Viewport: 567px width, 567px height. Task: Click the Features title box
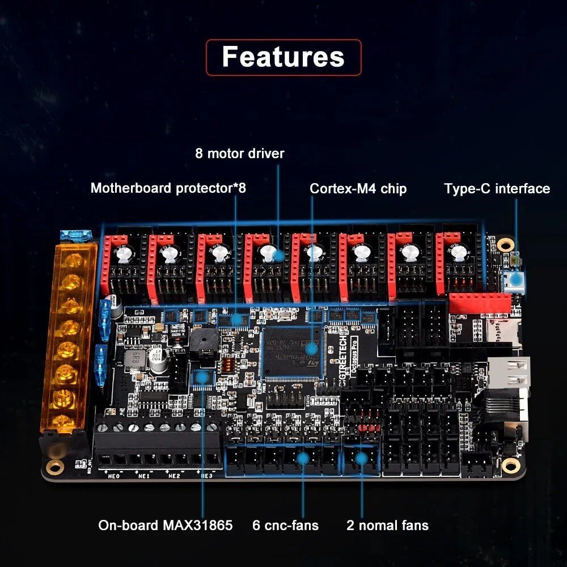tap(283, 57)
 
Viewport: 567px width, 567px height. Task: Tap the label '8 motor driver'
tap(240, 153)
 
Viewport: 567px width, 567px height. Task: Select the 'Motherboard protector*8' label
tap(168, 188)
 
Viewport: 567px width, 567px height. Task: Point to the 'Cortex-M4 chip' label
tap(358, 188)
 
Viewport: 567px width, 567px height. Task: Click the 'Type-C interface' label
tap(497, 188)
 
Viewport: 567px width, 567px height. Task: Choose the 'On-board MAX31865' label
tap(166, 525)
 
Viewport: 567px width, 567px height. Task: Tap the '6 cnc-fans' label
tap(285, 525)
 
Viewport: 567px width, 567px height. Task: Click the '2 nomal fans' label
tap(387, 525)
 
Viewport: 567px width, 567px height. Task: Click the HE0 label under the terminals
tap(113, 476)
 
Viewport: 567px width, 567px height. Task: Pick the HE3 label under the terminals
tap(206, 476)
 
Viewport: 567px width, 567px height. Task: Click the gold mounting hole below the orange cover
tap(55, 467)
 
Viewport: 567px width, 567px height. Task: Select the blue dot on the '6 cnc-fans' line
tap(303, 458)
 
